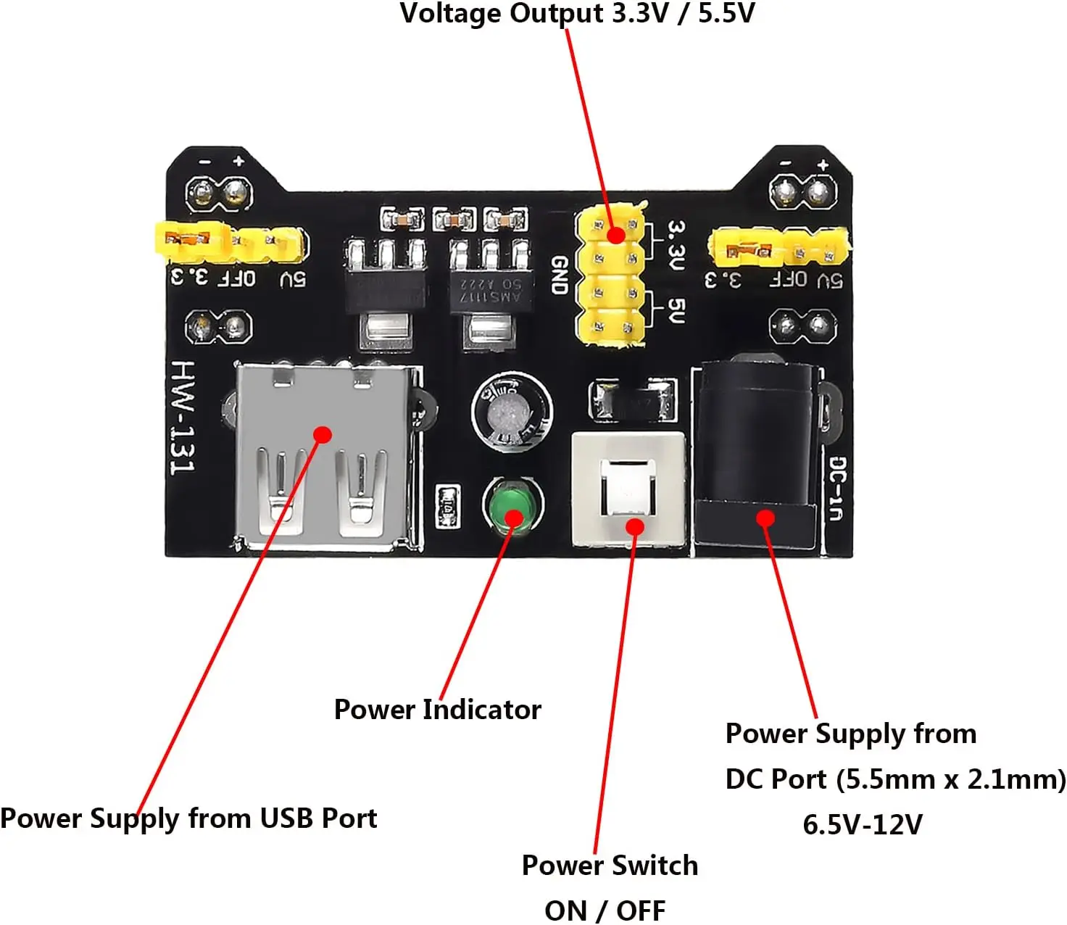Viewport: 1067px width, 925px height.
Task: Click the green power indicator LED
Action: [x=512, y=504]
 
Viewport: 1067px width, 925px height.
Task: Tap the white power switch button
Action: [x=628, y=487]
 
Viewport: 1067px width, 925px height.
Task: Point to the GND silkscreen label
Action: [x=558, y=275]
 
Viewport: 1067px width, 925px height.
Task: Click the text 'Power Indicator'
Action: [x=437, y=709]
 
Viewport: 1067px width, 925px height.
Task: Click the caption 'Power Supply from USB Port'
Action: [x=188, y=818]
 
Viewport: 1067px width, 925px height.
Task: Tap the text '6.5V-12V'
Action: [x=863, y=824]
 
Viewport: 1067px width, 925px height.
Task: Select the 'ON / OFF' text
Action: [x=605, y=911]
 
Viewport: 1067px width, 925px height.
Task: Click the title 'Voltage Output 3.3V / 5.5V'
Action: [x=577, y=13]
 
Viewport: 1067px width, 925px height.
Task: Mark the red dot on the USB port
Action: [x=323, y=434]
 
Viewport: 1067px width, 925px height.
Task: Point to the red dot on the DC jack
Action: [x=765, y=518]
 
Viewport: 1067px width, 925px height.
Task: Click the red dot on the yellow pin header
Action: [x=615, y=235]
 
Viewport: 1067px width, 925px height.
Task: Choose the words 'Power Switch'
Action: [x=610, y=865]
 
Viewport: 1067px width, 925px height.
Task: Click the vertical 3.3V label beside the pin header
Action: [x=675, y=246]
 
